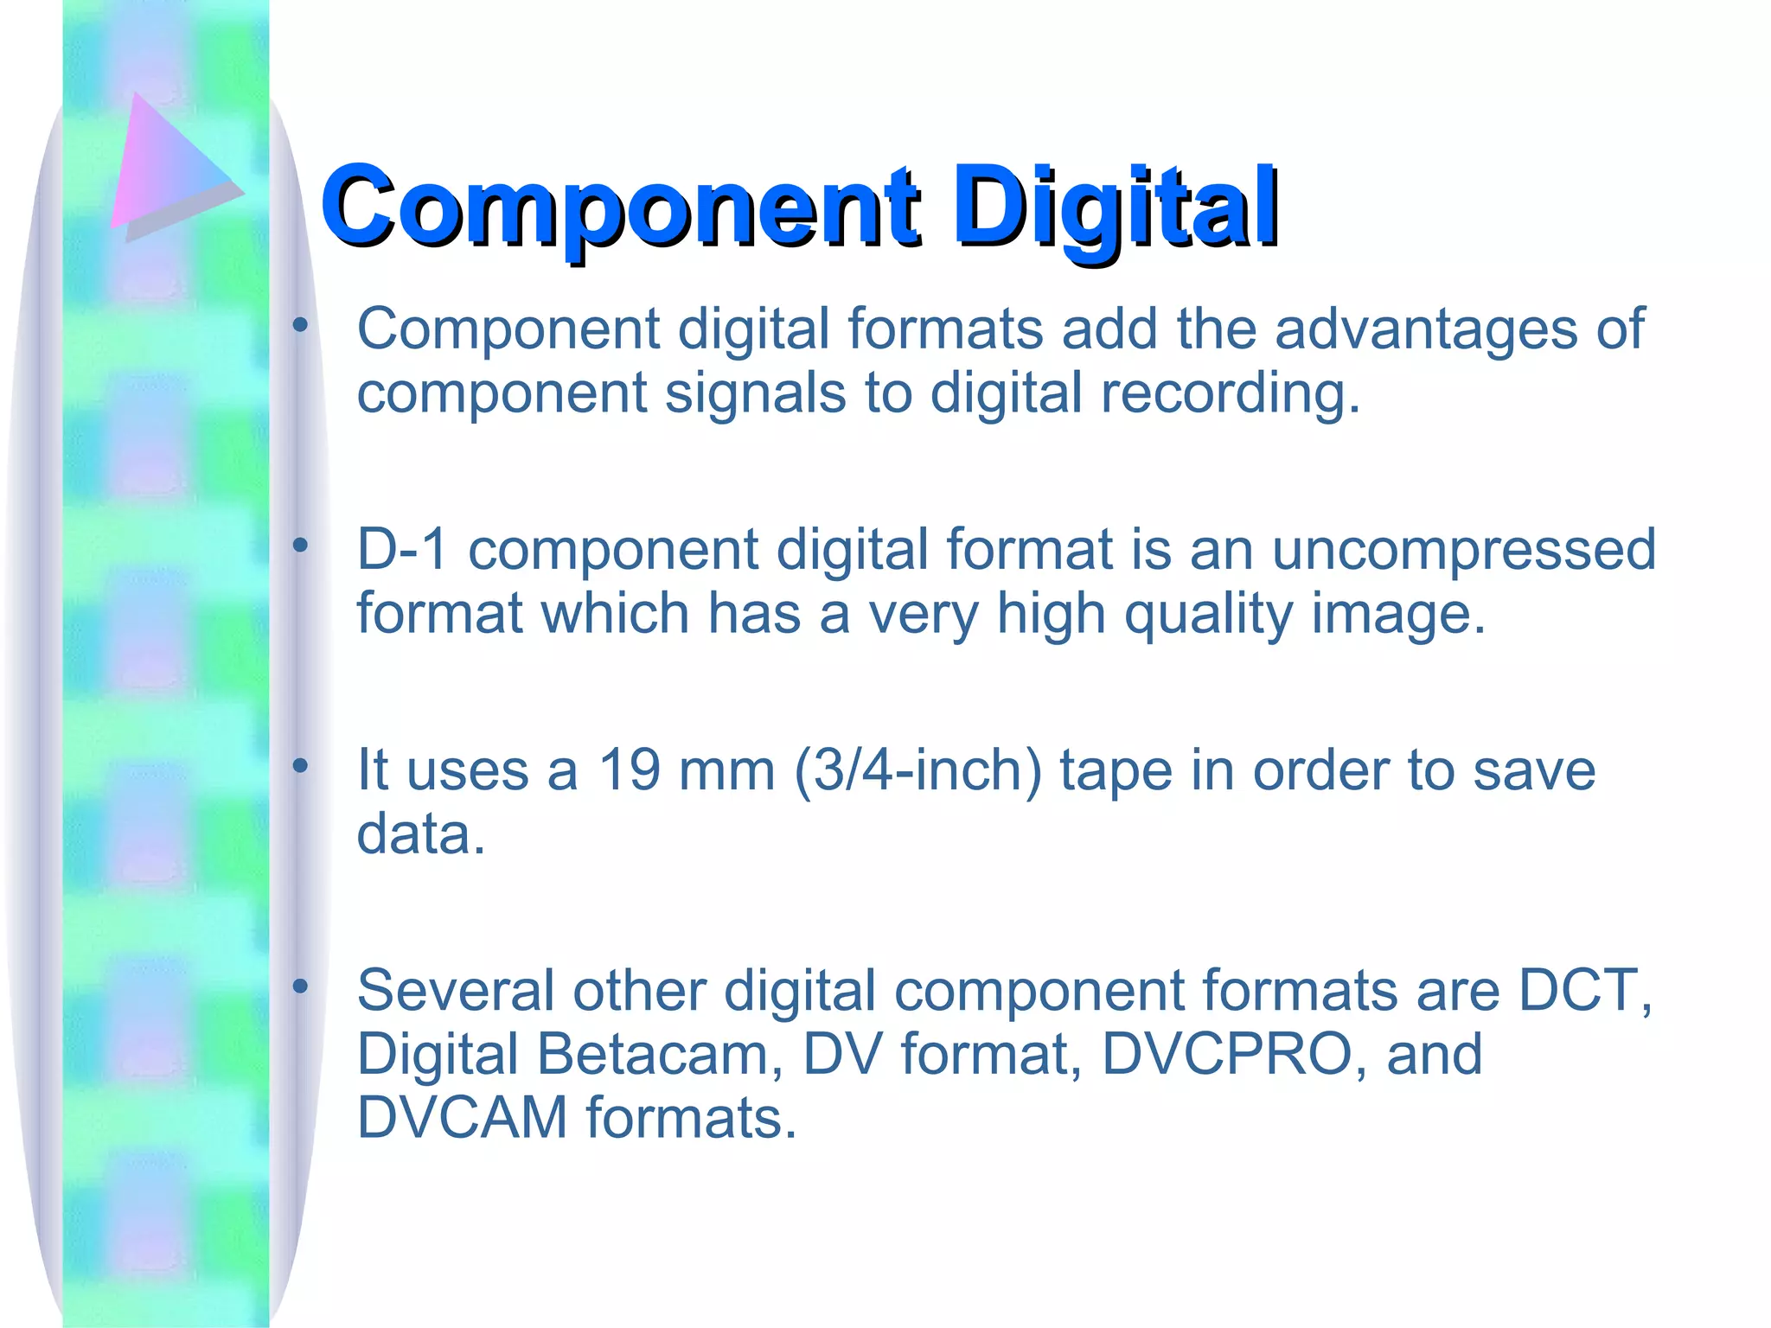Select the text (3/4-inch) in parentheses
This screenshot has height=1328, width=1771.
coord(917,770)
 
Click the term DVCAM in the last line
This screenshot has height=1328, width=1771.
coord(462,1117)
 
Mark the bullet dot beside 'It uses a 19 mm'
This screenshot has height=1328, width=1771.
coord(300,765)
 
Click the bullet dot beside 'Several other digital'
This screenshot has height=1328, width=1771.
coord(300,986)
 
